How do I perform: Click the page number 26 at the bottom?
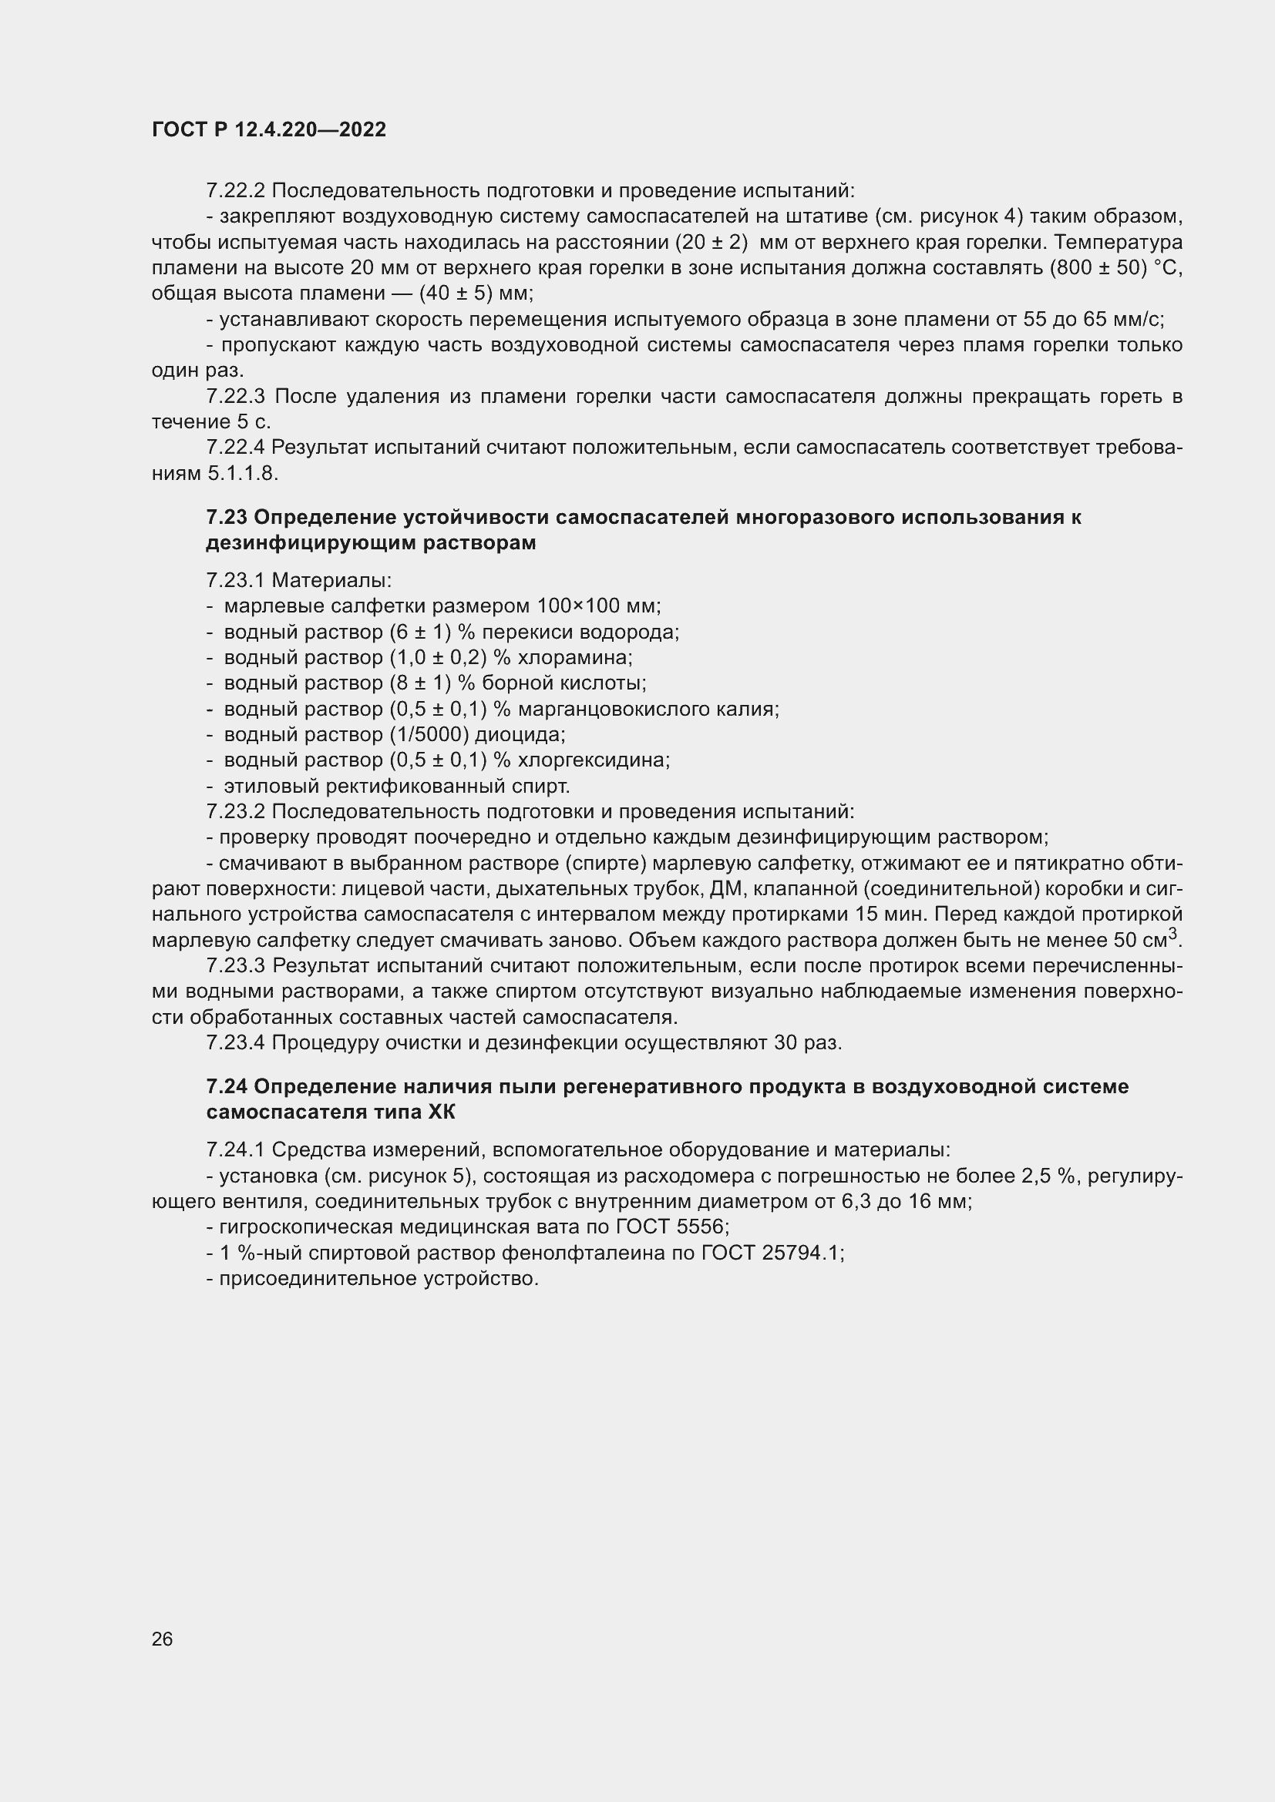(162, 1639)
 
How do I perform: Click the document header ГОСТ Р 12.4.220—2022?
(268, 130)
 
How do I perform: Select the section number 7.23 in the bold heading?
(226, 517)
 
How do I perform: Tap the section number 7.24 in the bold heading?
(226, 1086)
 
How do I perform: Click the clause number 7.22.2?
(236, 191)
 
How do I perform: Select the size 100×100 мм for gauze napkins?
(598, 606)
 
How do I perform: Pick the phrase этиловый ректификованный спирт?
(396, 786)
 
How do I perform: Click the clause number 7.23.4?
(236, 1042)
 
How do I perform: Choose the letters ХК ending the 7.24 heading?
(441, 1112)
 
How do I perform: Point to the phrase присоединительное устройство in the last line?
(379, 1279)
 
